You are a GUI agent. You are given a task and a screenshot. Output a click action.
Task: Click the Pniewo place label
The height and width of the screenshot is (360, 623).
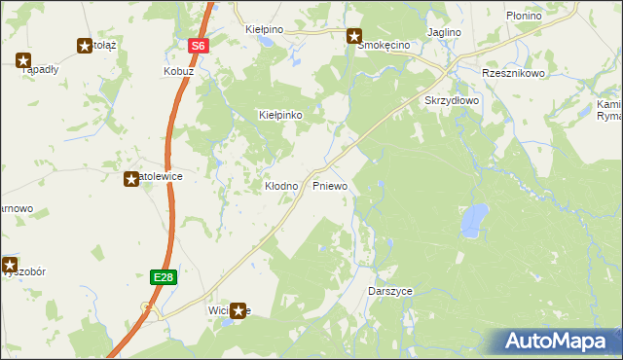(330, 185)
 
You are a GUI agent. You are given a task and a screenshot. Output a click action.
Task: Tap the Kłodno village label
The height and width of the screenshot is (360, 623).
(282, 185)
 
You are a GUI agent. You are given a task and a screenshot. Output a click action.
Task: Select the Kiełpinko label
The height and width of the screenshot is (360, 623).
(280, 115)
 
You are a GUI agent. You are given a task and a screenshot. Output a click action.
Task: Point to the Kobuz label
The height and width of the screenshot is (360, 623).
(179, 72)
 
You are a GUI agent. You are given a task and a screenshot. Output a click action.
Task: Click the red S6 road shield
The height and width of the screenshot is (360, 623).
(199, 46)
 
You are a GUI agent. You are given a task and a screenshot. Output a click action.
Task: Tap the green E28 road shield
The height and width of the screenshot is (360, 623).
(163, 277)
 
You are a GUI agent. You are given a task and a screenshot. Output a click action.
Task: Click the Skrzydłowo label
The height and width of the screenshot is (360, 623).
(452, 100)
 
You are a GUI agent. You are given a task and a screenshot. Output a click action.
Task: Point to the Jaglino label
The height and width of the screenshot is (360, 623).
(443, 32)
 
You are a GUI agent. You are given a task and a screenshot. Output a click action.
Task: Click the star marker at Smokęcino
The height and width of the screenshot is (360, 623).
(355, 36)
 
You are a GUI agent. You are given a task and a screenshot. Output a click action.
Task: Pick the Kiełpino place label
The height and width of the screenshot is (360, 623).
(265, 30)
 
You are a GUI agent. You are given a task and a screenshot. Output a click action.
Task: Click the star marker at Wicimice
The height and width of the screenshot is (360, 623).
(238, 311)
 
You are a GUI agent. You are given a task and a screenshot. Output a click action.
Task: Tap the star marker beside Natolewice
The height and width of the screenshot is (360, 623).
(131, 179)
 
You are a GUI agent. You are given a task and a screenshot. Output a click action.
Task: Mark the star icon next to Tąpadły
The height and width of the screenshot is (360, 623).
(23, 60)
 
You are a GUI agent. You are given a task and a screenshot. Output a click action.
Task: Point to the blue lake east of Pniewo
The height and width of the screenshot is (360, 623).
(474, 219)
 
